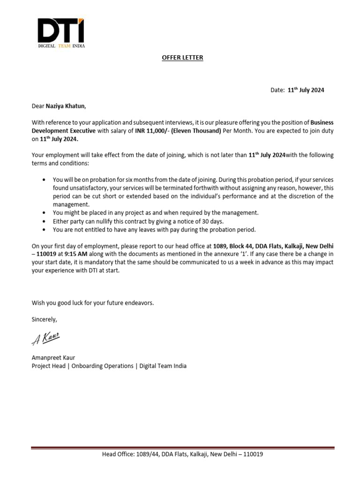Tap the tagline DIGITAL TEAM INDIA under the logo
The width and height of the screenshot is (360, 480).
[x=61, y=46]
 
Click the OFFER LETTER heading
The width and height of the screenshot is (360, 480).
[x=182, y=58]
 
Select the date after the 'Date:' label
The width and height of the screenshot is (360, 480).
[x=306, y=90]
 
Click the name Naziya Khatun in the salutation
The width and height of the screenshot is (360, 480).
[x=66, y=106]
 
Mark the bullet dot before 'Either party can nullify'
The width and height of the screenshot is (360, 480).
[x=44, y=221]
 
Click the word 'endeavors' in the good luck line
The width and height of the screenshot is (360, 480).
[x=138, y=303]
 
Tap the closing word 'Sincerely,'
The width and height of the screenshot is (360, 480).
[x=44, y=319]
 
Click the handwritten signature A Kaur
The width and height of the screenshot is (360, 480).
[x=46, y=338]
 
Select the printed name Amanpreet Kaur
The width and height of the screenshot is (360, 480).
[x=52, y=357]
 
